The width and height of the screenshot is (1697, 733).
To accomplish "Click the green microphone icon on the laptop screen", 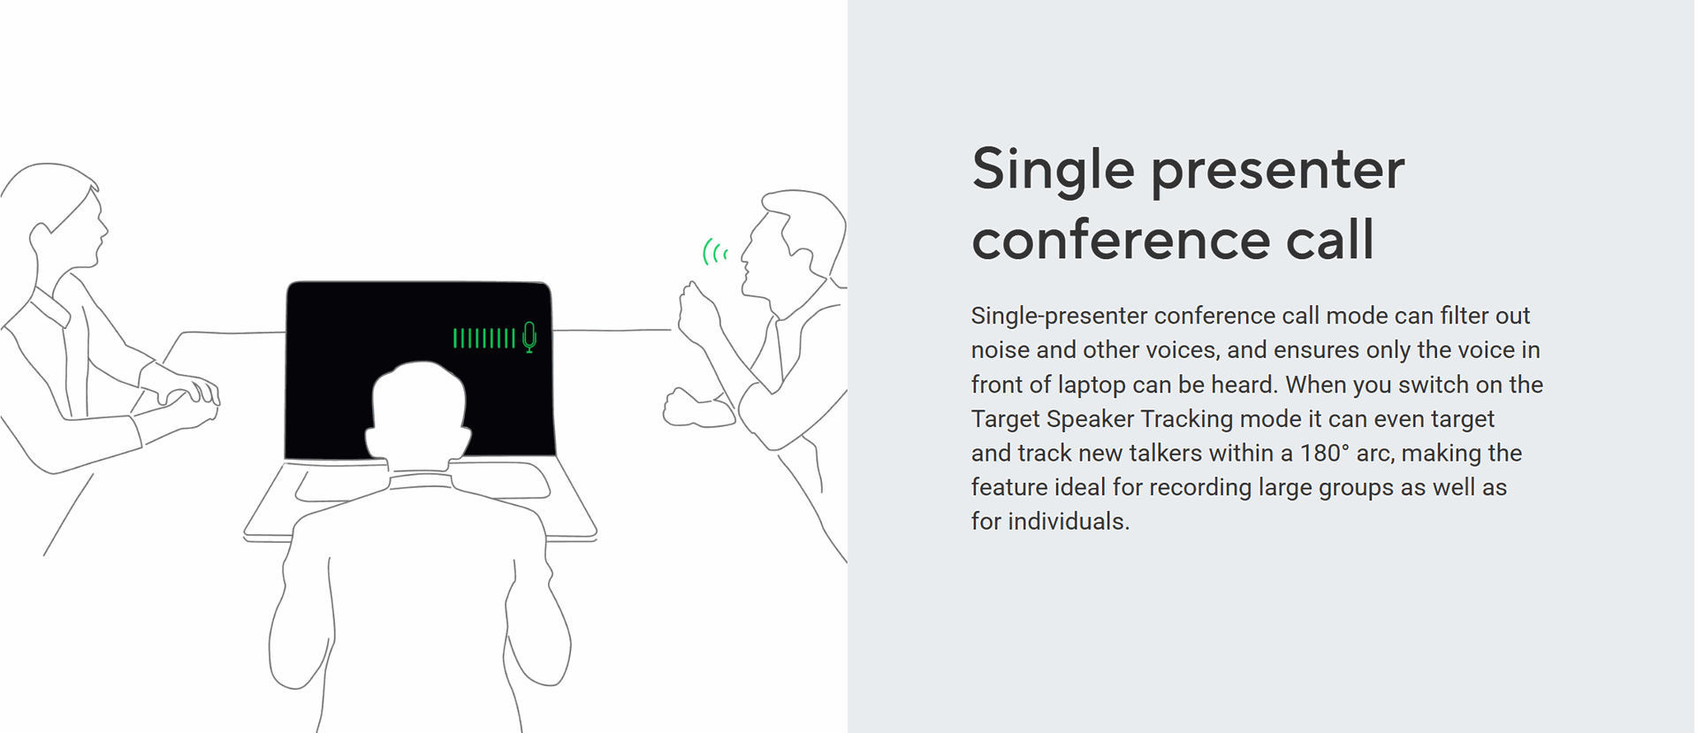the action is [529, 337].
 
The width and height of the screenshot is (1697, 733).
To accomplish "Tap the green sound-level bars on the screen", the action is [483, 338].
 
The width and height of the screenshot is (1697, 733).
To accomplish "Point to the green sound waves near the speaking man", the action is [714, 253].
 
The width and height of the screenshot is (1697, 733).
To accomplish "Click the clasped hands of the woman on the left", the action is [186, 399].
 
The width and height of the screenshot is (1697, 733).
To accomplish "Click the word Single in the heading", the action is [1053, 170].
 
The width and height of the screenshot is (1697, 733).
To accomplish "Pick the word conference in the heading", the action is [1120, 240].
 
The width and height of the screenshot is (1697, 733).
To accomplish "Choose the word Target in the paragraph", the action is [1005, 419].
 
